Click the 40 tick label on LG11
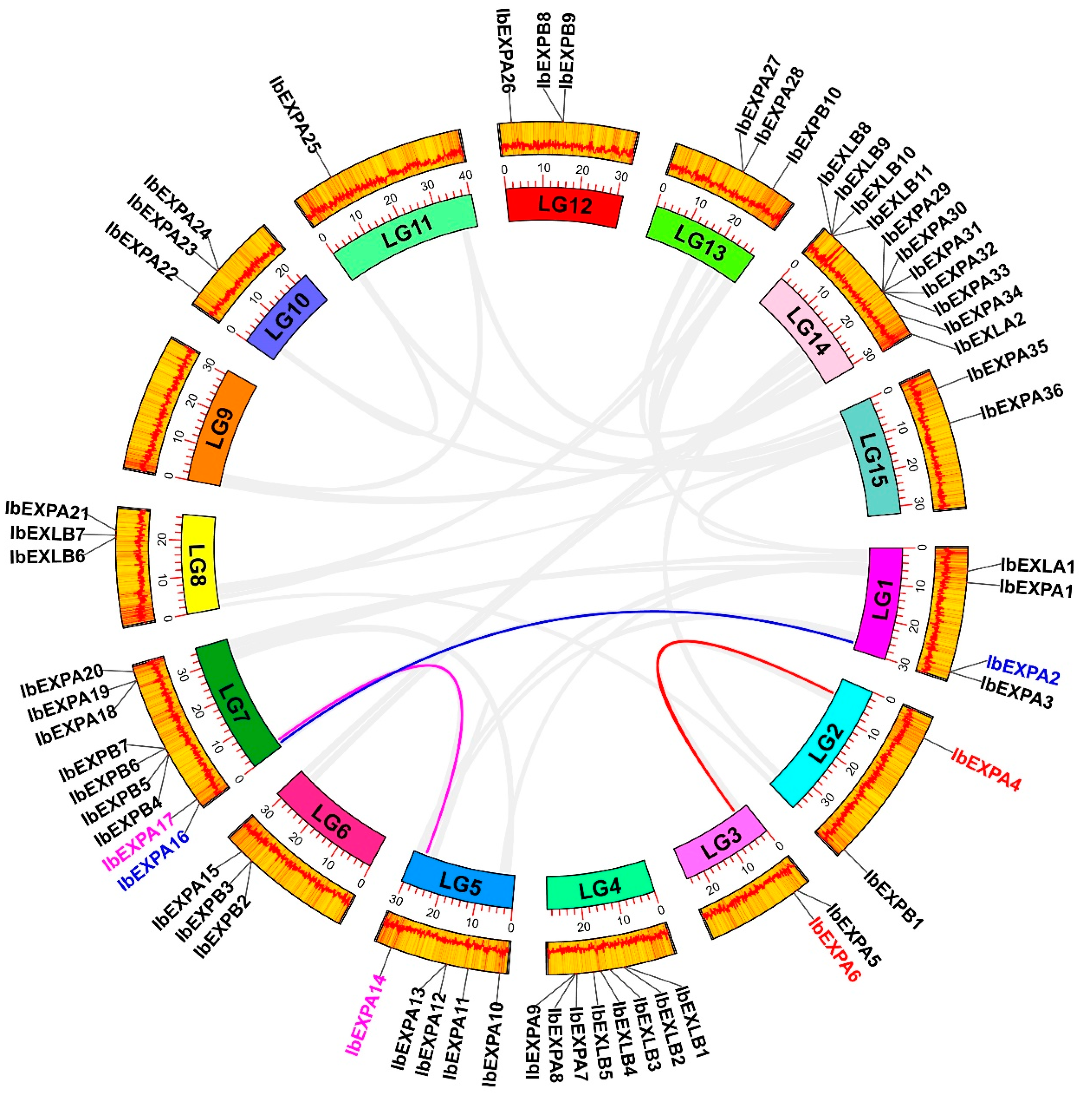(x=466, y=175)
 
